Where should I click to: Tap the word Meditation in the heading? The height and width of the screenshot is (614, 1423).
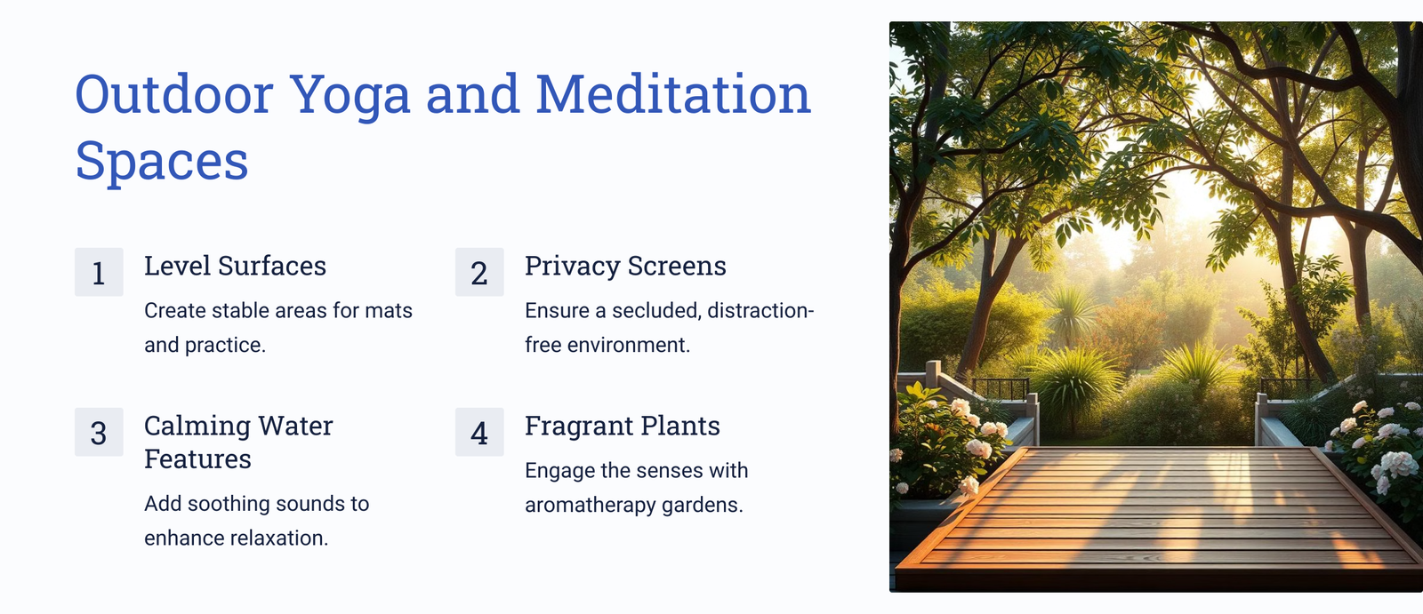673,94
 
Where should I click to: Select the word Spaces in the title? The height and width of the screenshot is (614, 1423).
161,162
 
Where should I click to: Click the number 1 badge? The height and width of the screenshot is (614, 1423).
99,273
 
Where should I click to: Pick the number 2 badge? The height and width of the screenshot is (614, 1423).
479,273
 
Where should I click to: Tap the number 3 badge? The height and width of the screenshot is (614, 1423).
99,433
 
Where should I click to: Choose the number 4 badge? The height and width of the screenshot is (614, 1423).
479,433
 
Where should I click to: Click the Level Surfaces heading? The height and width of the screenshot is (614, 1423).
235,266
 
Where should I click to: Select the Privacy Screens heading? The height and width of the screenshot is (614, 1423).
625,266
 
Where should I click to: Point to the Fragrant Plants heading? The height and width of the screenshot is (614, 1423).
623,426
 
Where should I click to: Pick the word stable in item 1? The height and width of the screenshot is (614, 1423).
237,310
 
